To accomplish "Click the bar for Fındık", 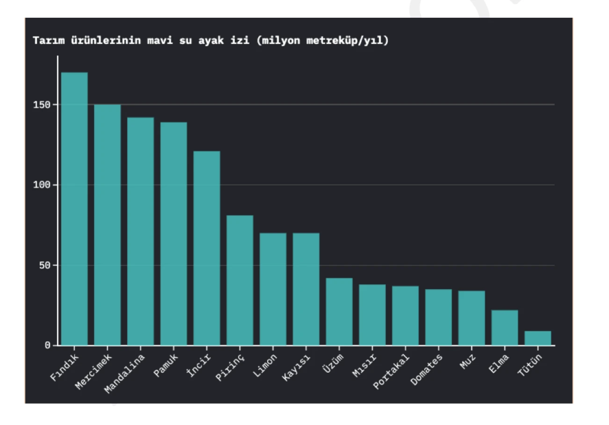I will click(x=74, y=208).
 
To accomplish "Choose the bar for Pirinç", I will click(x=240, y=280).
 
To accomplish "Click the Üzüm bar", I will click(x=339, y=311).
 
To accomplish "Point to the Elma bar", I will click(x=504, y=327).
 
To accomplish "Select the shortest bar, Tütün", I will click(x=538, y=338).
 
